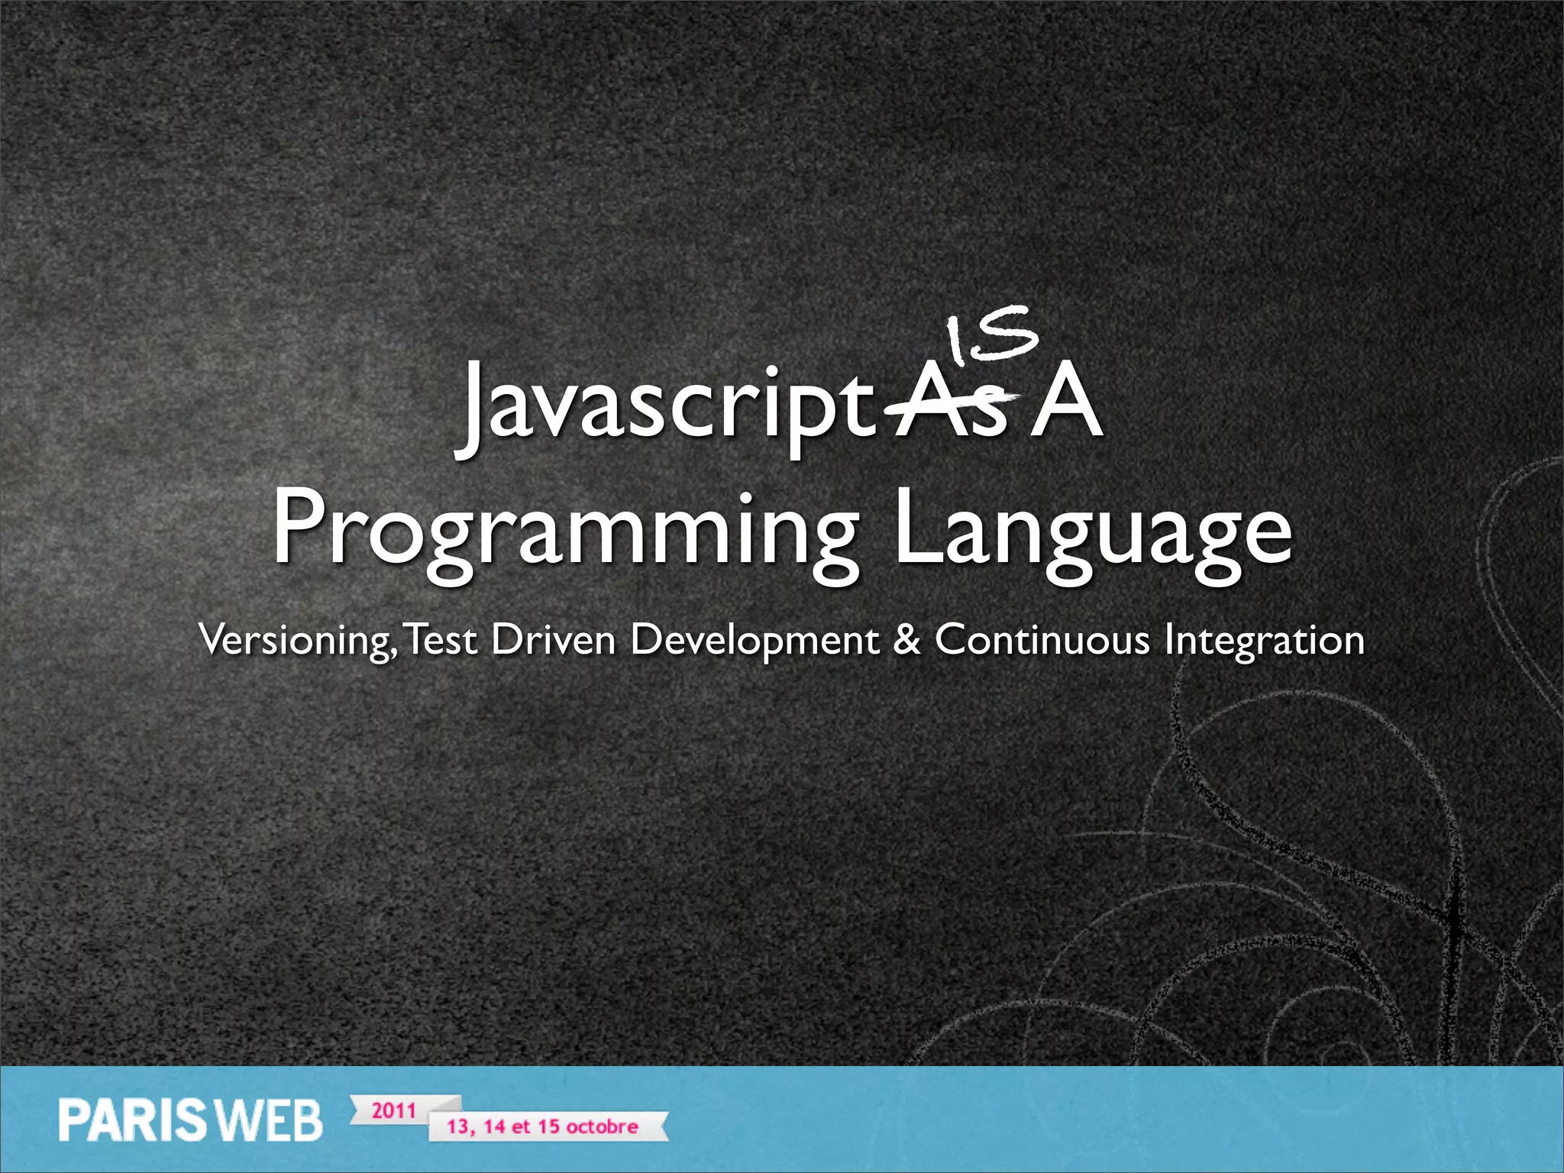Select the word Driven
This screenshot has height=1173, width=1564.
pos(553,640)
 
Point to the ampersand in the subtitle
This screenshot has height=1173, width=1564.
pos(906,640)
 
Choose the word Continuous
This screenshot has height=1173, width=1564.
pos(1042,640)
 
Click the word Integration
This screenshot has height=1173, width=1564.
pos(1264,640)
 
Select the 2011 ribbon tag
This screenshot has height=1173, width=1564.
pos(394,1110)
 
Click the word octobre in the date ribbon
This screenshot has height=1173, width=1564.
pos(602,1126)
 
